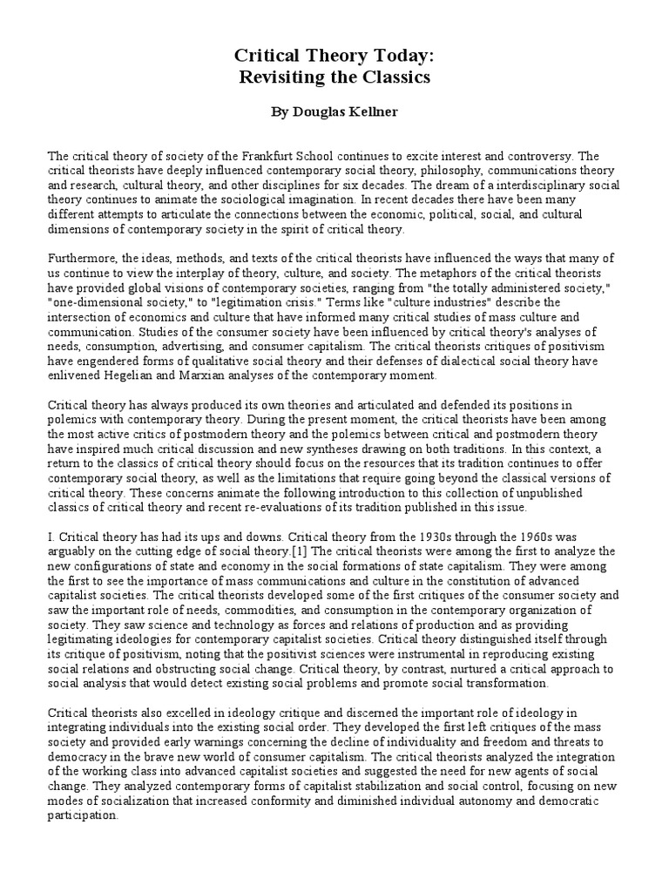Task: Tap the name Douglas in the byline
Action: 321,114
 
